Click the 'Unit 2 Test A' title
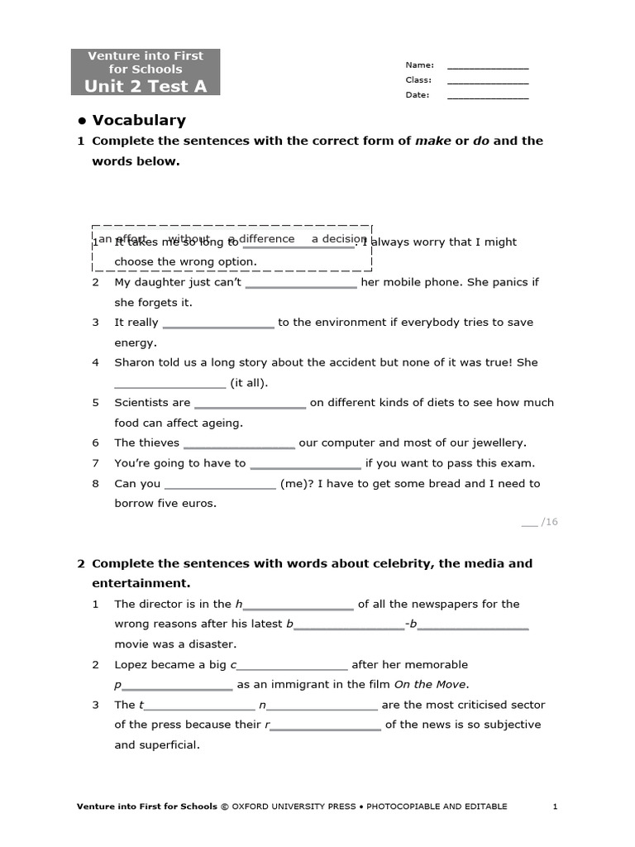click(146, 85)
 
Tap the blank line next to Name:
click(487, 67)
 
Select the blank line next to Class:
click(487, 82)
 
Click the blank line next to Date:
click(487, 97)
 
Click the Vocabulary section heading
click(138, 120)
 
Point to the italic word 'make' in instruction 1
click(432, 141)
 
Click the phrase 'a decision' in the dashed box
click(338, 239)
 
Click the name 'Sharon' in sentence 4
click(135, 362)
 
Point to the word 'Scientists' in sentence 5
click(141, 403)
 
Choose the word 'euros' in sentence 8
click(200, 503)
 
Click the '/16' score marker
click(549, 522)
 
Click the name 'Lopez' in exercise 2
click(131, 664)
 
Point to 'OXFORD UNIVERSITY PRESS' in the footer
click(293, 806)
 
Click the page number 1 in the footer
click(556, 806)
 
